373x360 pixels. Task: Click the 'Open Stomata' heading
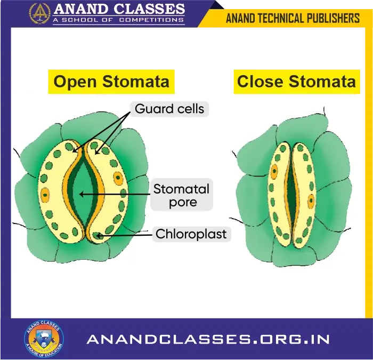click(111, 82)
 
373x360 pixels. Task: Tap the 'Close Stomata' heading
click(296, 82)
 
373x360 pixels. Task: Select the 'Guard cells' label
click(169, 109)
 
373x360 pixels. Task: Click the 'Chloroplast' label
click(191, 234)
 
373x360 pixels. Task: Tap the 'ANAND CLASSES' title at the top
click(119, 10)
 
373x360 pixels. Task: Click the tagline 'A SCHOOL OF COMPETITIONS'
click(118, 20)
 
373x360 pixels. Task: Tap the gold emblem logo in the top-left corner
click(39, 13)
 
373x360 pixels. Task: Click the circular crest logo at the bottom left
click(44, 339)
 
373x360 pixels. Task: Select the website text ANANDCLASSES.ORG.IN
click(208, 339)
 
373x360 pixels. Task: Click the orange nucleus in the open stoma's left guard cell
click(46, 194)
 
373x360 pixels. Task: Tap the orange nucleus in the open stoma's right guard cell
click(118, 179)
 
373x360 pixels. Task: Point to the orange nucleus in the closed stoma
click(274, 172)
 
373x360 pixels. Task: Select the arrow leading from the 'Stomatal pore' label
click(115, 194)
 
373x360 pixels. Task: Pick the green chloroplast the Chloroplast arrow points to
click(96, 235)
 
